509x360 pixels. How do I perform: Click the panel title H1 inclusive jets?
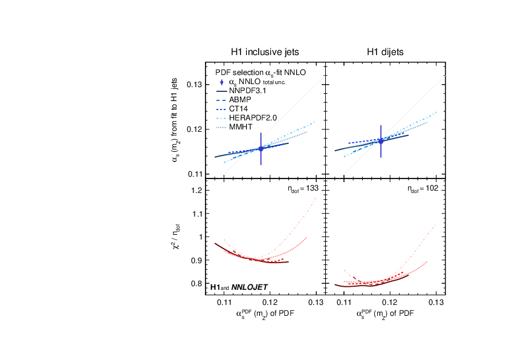pos(265,52)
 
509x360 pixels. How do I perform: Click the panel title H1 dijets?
pos(386,52)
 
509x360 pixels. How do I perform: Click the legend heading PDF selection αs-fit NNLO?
pos(261,72)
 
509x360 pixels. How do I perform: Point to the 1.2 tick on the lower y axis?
pos(196,191)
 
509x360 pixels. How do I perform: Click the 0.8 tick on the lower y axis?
pos(196,283)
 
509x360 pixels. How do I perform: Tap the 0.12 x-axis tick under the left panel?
pos(270,301)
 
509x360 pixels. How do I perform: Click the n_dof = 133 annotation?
pos(303,189)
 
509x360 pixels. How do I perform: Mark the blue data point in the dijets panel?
pos(381,142)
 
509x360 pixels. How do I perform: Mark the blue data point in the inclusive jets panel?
pos(261,148)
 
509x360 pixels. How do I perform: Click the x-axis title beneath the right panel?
pos(386,313)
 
